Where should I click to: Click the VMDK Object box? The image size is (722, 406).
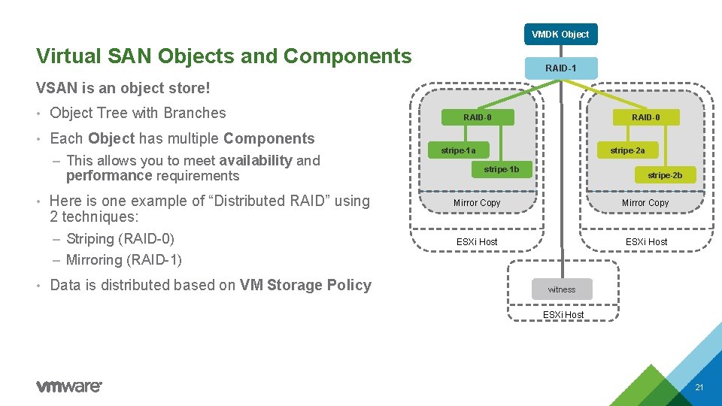[x=560, y=35]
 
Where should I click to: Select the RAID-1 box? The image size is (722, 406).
[x=560, y=68]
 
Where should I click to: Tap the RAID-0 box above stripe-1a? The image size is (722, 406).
[x=478, y=117]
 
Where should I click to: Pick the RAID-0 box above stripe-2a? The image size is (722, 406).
[x=645, y=117]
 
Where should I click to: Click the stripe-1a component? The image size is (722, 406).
[x=458, y=150]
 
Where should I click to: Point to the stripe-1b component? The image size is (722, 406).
[x=501, y=169]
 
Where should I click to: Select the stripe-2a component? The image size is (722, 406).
[x=627, y=150]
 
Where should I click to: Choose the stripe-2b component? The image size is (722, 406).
[x=665, y=175]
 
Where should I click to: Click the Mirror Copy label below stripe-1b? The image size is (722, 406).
[x=477, y=203]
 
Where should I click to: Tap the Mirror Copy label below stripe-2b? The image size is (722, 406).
[x=645, y=203]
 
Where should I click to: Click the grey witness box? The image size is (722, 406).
[x=561, y=289]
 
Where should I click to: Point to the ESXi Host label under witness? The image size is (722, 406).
[x=563, y=314]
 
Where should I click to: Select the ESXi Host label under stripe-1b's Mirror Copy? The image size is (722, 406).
[x=477, y=241]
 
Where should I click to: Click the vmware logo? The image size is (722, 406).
[x=68, y=386]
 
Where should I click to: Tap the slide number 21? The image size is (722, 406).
[x=699, y=388]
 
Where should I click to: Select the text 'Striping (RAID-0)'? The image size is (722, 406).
[x=120, y=239]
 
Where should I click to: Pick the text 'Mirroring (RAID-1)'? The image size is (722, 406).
[x=123, y=260]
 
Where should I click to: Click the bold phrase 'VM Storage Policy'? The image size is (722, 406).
[x=305, y=285]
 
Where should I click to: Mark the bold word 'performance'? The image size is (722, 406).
[x=109, y=176]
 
